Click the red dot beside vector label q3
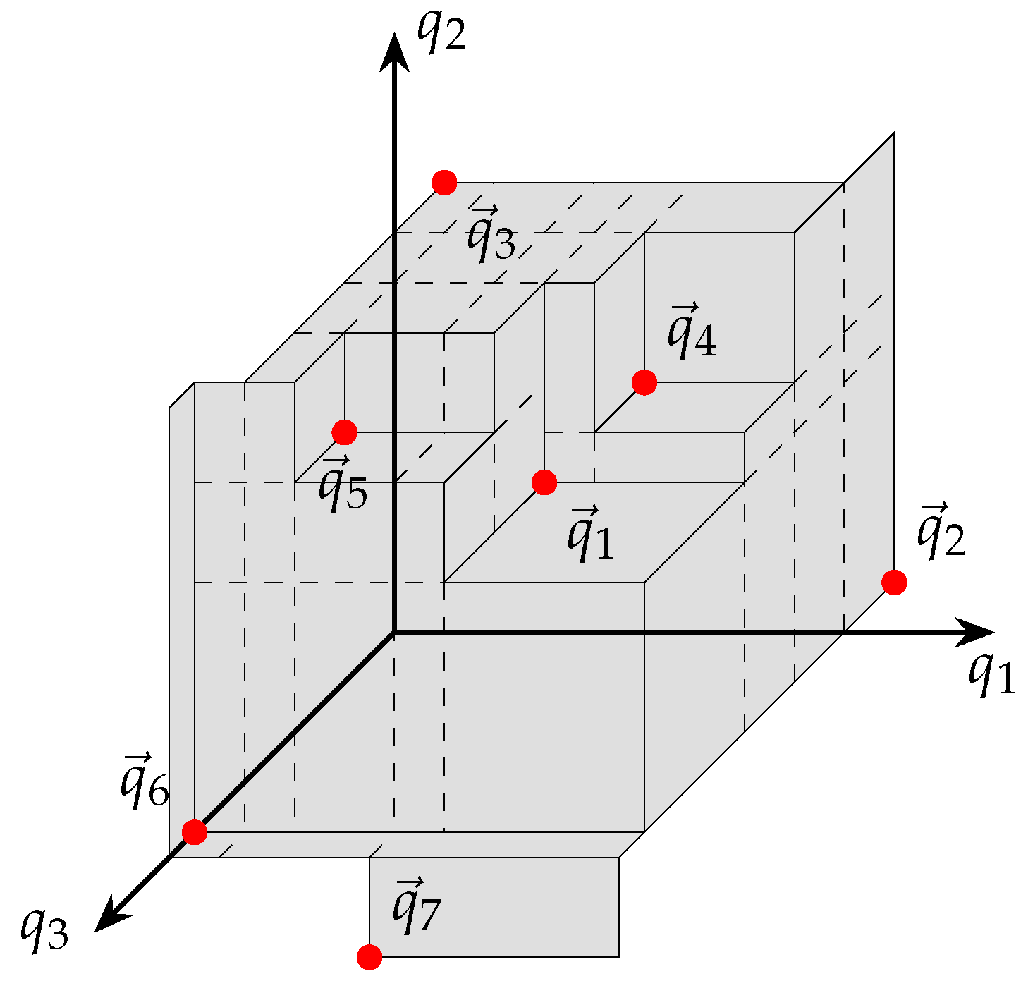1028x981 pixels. pos(444,183)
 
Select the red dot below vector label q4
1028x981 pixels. pos(644,382)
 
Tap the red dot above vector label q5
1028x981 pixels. pos(344,432)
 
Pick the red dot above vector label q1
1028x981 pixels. pos(544,482)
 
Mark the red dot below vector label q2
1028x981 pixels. pos(894,583)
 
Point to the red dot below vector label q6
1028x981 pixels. pos(195,832)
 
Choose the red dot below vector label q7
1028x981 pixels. pos(369,957)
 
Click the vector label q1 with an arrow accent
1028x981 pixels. pos(591,534)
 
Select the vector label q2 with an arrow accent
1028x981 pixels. pos(941,530)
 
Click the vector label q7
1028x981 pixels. pos(416,906)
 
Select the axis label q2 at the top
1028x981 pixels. pos(441,32)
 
